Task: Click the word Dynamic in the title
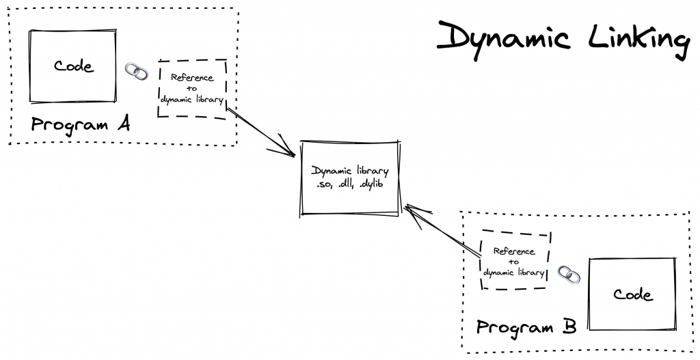click(x=503, y=37)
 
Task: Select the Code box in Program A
click(x=72, y=66)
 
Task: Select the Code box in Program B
click(x=632, y=295)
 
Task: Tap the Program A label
click(x=81, y=125)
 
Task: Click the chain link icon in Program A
click(x=136, y=70)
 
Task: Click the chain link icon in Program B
click(x=569, y=275)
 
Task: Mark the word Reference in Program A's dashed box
click(x=192, y=78)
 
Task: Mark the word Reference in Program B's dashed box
click(x=514, y=251)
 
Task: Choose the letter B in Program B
click(x=569, y=327)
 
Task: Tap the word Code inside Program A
click(x=73, y=66)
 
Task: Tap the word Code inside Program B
click(x=632, y=295)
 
